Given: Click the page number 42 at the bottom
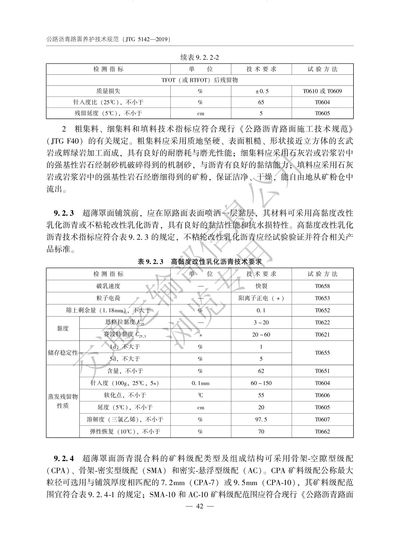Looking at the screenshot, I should tap(199, 506).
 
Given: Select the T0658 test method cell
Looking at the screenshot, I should tap(322, 286).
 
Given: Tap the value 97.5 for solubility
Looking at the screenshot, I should tap(261, 420).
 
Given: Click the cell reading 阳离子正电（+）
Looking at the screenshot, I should tap(261, 298).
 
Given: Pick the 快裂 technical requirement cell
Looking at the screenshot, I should tap(261, 286).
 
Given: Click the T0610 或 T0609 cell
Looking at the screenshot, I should tap(322, 91).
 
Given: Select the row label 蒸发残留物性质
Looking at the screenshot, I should tap(63, 401).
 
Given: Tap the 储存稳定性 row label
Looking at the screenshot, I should tap(63, 353).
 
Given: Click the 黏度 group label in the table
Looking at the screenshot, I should tap(63, 328).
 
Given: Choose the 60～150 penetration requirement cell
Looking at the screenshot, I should tap(261, 383).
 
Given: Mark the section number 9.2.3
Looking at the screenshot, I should tap(64, 213).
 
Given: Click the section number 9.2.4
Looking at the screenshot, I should tap(64, 458).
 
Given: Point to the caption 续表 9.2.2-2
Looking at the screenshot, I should tap(199, 58).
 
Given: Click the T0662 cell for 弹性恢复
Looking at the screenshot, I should tap(322, 432).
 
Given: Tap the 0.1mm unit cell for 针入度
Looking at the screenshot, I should tap(201, 383).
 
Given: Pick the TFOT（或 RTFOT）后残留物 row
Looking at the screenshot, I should tap(199, 80).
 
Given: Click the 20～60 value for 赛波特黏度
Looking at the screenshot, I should tap(261, 335).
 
